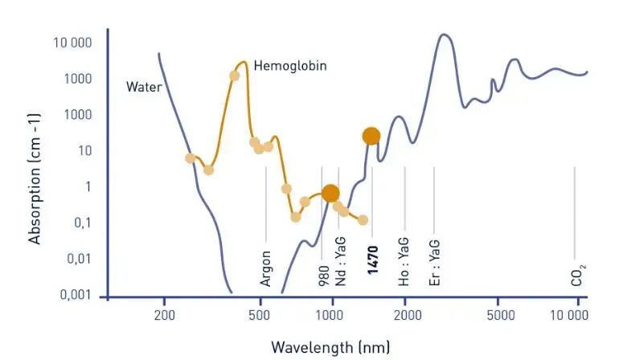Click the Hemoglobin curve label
click(290, 66)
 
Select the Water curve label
click(144, 86)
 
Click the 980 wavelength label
click(323, 275)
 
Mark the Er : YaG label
click(434, 264)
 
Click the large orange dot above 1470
click(371, 136)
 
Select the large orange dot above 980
click(330, 193)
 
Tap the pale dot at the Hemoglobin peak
click(234, 76)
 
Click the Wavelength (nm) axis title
click(330, 347)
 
